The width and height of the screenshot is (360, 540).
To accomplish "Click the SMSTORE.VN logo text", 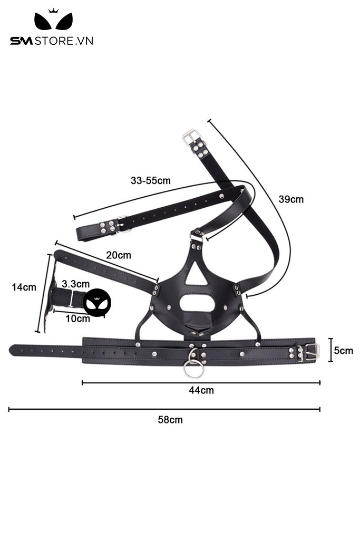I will click(51, 41).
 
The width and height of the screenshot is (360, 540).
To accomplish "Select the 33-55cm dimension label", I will click(151, 180).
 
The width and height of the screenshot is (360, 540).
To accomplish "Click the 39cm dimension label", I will click(291, 199).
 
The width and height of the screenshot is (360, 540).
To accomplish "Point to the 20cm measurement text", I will click(119, 255).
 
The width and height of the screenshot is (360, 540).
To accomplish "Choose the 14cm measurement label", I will click(24, 287).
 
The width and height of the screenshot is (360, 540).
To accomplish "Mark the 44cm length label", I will click(201, 390).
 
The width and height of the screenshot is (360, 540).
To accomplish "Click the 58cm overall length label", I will click(170, 420).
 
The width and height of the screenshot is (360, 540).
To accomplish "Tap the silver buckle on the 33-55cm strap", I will click(122, 224).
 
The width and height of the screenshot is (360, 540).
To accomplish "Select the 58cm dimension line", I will click(164, 409).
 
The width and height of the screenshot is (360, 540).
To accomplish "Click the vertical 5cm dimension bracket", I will click(330, 350).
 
